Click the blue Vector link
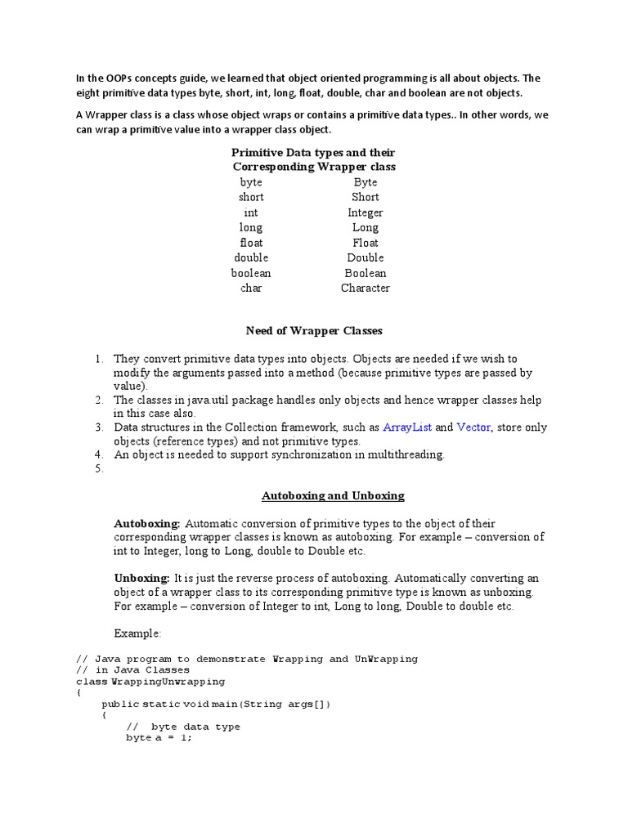(x=473, y=427)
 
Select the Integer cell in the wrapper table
(x=365, y=213)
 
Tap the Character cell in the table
(x=365, y=288)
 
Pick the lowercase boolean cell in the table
(x=251, y=273)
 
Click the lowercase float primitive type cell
(x=251, y=243)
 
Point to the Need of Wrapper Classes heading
(x=314, y=331)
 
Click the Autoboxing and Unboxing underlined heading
(x=333, y=495)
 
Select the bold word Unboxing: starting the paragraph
(x=141, y=578)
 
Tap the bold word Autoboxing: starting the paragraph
(x=147, y=523)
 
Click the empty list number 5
(x=98, y=469)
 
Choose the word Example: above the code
(x=137, y=633)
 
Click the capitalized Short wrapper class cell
(x=365, y=197)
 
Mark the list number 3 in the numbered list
(x=98, y=427)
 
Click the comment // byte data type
(x=183, y=727)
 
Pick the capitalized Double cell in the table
(x=365, y=257)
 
